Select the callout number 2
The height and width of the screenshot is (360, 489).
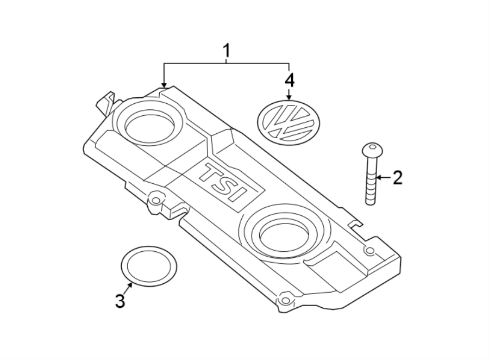coord(398,177)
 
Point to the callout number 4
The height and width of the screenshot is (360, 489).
coord(289,80)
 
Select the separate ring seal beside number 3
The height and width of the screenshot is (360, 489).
coord(149,266)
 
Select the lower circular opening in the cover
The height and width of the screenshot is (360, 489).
coord(284,231)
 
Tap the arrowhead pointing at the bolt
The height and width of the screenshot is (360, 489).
coord(379,177)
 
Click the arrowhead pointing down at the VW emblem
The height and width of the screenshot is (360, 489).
coord(289,96)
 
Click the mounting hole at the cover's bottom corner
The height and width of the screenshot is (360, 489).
coord(285,300)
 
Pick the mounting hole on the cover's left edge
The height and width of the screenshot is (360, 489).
coord(156,200)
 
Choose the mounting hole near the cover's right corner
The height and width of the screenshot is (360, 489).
coord(370,251)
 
